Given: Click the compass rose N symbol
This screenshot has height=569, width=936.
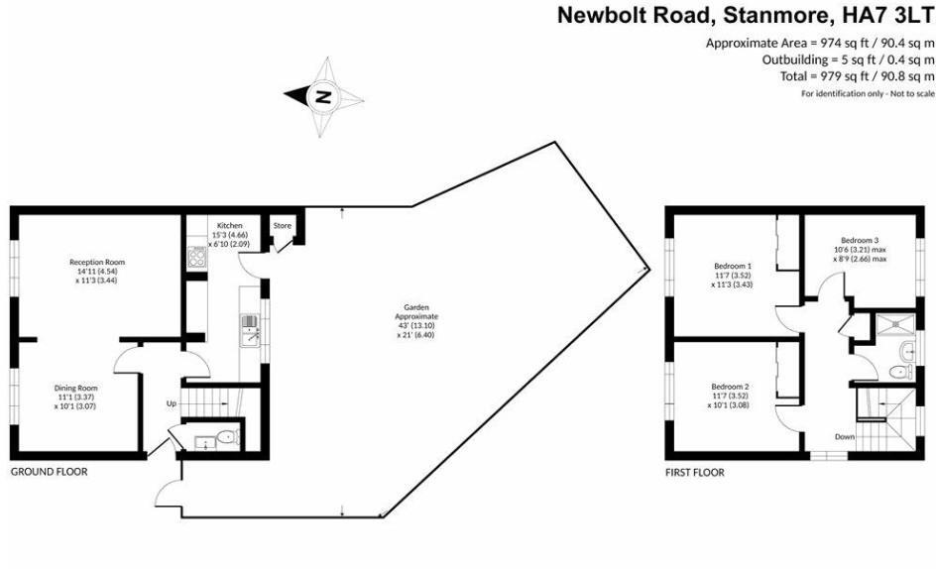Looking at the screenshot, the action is click(x=322, y=96).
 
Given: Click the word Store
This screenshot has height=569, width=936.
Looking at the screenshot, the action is click(x=283, y=226).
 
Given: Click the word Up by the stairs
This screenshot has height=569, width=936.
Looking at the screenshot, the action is click(x=171, y=403).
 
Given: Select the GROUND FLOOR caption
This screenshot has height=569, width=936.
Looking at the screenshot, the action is click(x=49, y=472).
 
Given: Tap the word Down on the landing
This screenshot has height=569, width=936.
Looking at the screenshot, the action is click(x=844, y=436).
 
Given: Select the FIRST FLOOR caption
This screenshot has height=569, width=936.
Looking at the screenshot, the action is click(x=694, y=473).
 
